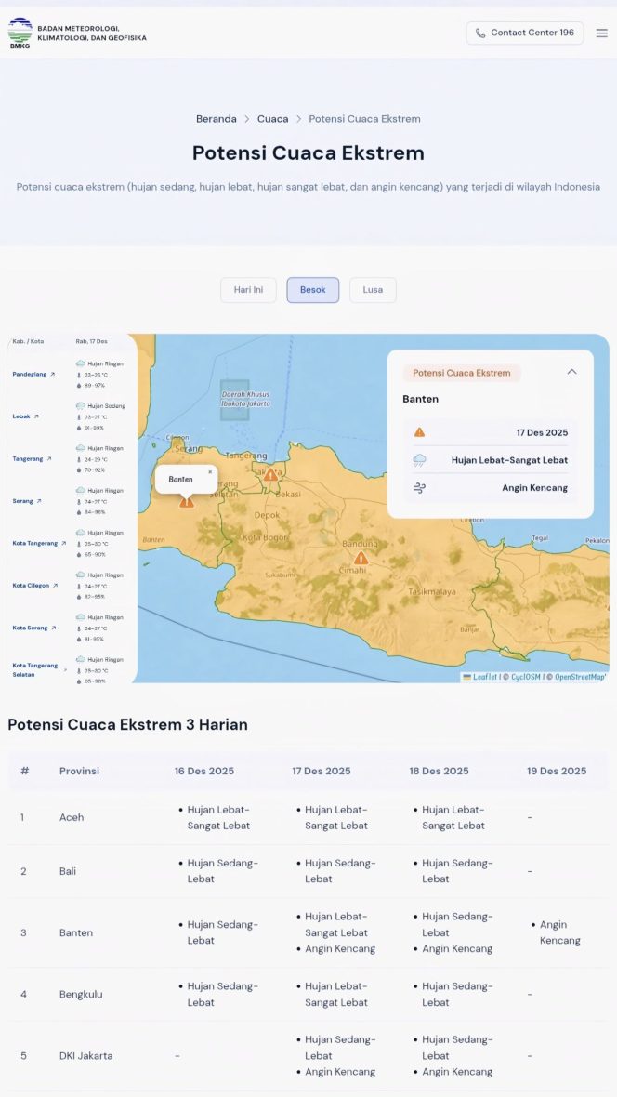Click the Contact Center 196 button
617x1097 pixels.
coord(525,33)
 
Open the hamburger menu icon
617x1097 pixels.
coord(602,33)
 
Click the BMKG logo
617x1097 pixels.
coord(20,33)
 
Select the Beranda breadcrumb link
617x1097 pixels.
coord(216,119)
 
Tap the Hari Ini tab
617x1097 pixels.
coord(248,290)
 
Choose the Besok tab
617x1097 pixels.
coord(312,290)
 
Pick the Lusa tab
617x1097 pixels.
coord(373,290)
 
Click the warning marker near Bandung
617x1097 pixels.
coord(361,558)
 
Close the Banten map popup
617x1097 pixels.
coord(210,471)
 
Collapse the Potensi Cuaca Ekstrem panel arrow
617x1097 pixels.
coord(571,372)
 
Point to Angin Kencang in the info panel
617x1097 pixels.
coord(534,487)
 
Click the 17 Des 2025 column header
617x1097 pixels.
coord(321,771)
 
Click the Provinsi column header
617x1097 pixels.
coord(79,771)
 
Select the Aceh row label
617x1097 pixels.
coord(72,817)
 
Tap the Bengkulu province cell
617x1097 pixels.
coord(81,994)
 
